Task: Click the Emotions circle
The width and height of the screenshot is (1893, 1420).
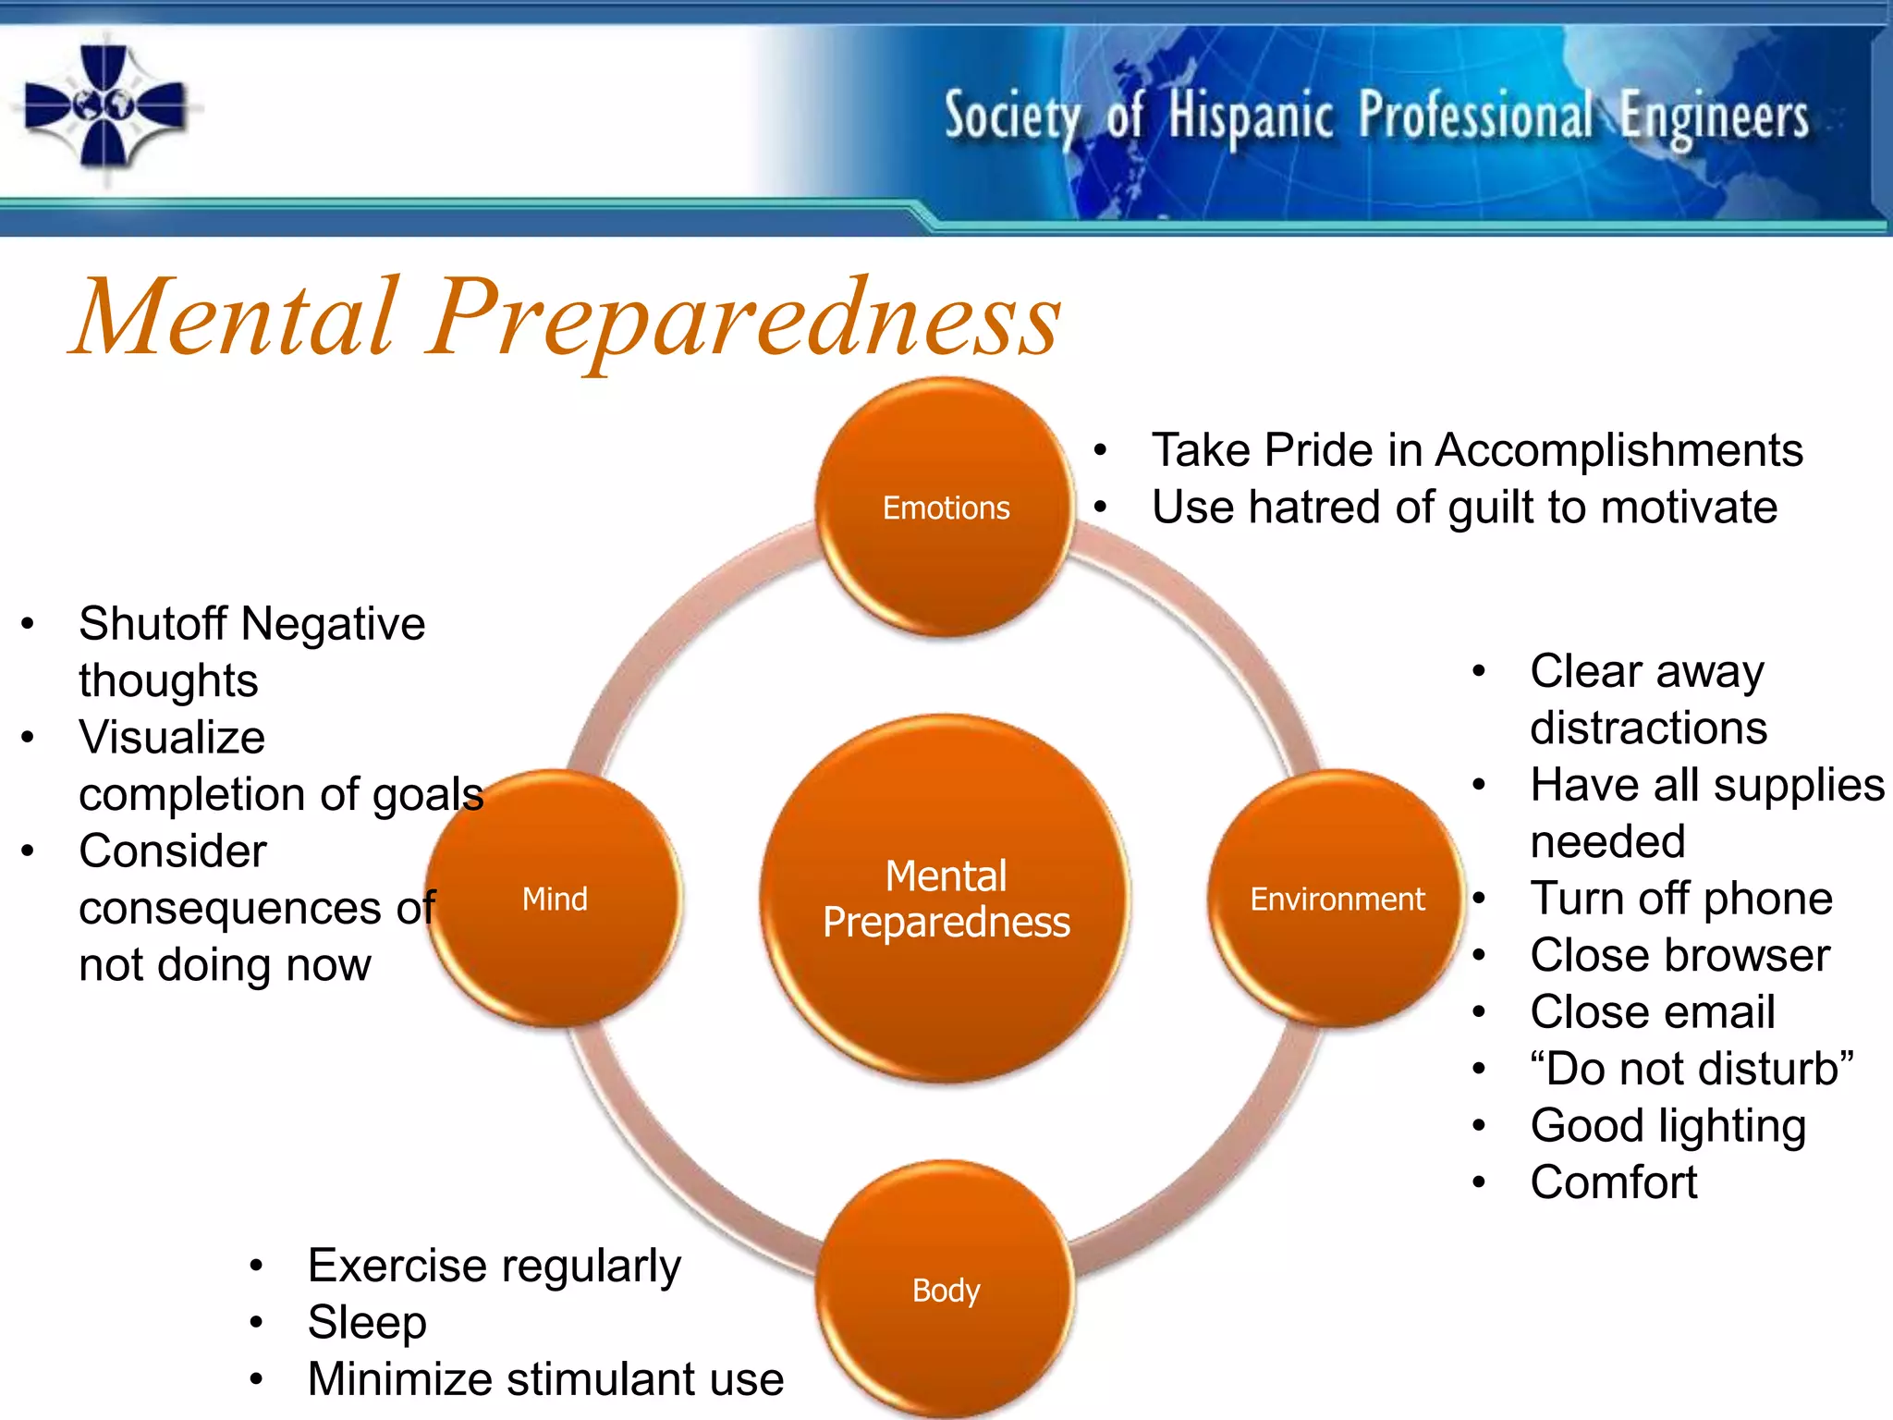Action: click(x=946, y=507)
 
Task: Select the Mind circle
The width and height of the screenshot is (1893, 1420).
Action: click(x=555, y=898)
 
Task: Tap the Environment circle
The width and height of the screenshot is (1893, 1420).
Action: click(x=1337, y=898)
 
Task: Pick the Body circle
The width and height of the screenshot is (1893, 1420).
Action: click(x=946, y=1289)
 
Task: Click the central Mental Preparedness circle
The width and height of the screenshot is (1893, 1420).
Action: click(x=946, y=898)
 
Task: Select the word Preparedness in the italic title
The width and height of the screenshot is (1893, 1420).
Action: click(x=744, y=319)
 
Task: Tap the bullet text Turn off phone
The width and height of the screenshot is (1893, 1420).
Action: click(x=1680, y=899)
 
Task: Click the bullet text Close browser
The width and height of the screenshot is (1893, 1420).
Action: click(x=1679, y=955)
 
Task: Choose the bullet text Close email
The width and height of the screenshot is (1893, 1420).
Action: click(x=1652, y=1011)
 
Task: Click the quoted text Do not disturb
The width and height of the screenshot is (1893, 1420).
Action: click(x=1691, y=1069)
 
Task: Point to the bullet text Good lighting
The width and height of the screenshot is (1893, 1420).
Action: click(x=1667, y=1126)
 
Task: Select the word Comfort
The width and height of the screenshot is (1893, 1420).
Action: click(x=1613, y=1182)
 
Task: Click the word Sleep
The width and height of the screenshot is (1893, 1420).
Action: click(x=367, y=1322)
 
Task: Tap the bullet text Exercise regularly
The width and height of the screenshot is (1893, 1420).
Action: click(x=494, y=1266)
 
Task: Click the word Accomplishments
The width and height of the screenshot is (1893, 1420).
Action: click(x=1618, y=450)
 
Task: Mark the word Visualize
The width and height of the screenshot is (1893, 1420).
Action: click(x=172, y=738)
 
